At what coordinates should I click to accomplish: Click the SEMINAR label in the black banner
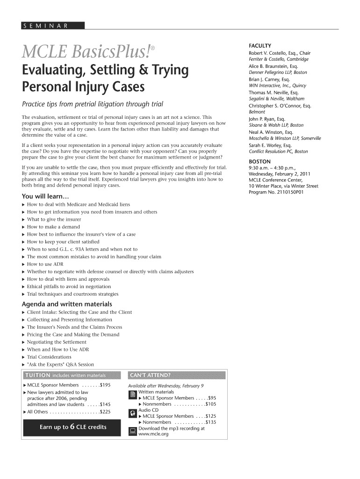pyautogui.click(x=46, y=26)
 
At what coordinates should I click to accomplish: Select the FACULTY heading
pyautogui.click(x=260, y=45)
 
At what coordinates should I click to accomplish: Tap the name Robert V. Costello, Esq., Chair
pyautogui.click(x=280, y=53)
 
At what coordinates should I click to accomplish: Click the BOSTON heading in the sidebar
pyautogui.click(x=259, y=161)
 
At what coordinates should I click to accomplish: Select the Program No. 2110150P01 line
pyautogui.click(x=276, y=192)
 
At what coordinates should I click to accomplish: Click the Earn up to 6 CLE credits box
pyautogui.click(x=72, y=427)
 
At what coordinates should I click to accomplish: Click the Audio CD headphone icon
pyautogui.click(x=133, y=413)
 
